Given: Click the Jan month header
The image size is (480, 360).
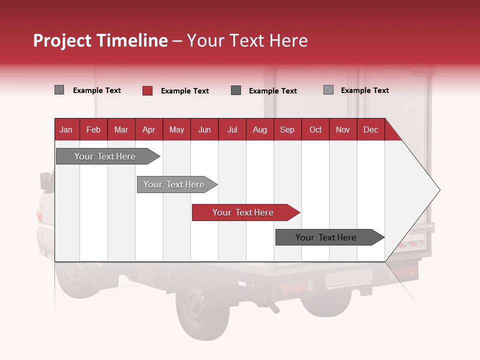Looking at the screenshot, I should click(66, 129).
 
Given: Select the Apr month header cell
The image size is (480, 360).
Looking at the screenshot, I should click(148, 129).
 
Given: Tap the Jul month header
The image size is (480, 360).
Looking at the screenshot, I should click(232, 129).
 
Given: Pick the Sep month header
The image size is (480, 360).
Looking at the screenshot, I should click(287, 129).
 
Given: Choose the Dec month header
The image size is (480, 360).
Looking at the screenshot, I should click(370, 129).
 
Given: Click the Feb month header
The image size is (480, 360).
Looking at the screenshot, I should click(93, 129).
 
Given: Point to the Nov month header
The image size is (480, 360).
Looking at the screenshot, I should click(343, 129).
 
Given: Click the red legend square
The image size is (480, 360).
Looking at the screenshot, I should click(147, 90).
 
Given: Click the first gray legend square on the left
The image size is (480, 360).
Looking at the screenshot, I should click(59, 90).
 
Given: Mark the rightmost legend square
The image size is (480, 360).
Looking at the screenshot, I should click(328, 90).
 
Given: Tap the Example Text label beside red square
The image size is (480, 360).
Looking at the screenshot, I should click(184, 91).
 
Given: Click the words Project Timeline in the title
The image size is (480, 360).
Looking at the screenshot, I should click(100, 40).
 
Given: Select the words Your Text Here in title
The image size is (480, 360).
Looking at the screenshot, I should click(247, 40).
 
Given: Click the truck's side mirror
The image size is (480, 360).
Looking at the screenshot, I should click(45, 180).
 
